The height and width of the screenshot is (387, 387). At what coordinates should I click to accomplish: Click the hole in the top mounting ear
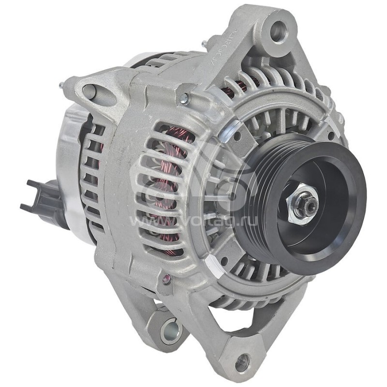(279, 31)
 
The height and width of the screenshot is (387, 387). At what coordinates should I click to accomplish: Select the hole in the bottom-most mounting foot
(242, 362)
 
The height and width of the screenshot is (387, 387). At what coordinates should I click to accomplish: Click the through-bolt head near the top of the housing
(184, 99)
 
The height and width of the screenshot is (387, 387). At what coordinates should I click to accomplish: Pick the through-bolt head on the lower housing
(166, 279)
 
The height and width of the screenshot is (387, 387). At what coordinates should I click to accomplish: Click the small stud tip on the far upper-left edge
(61, 85)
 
